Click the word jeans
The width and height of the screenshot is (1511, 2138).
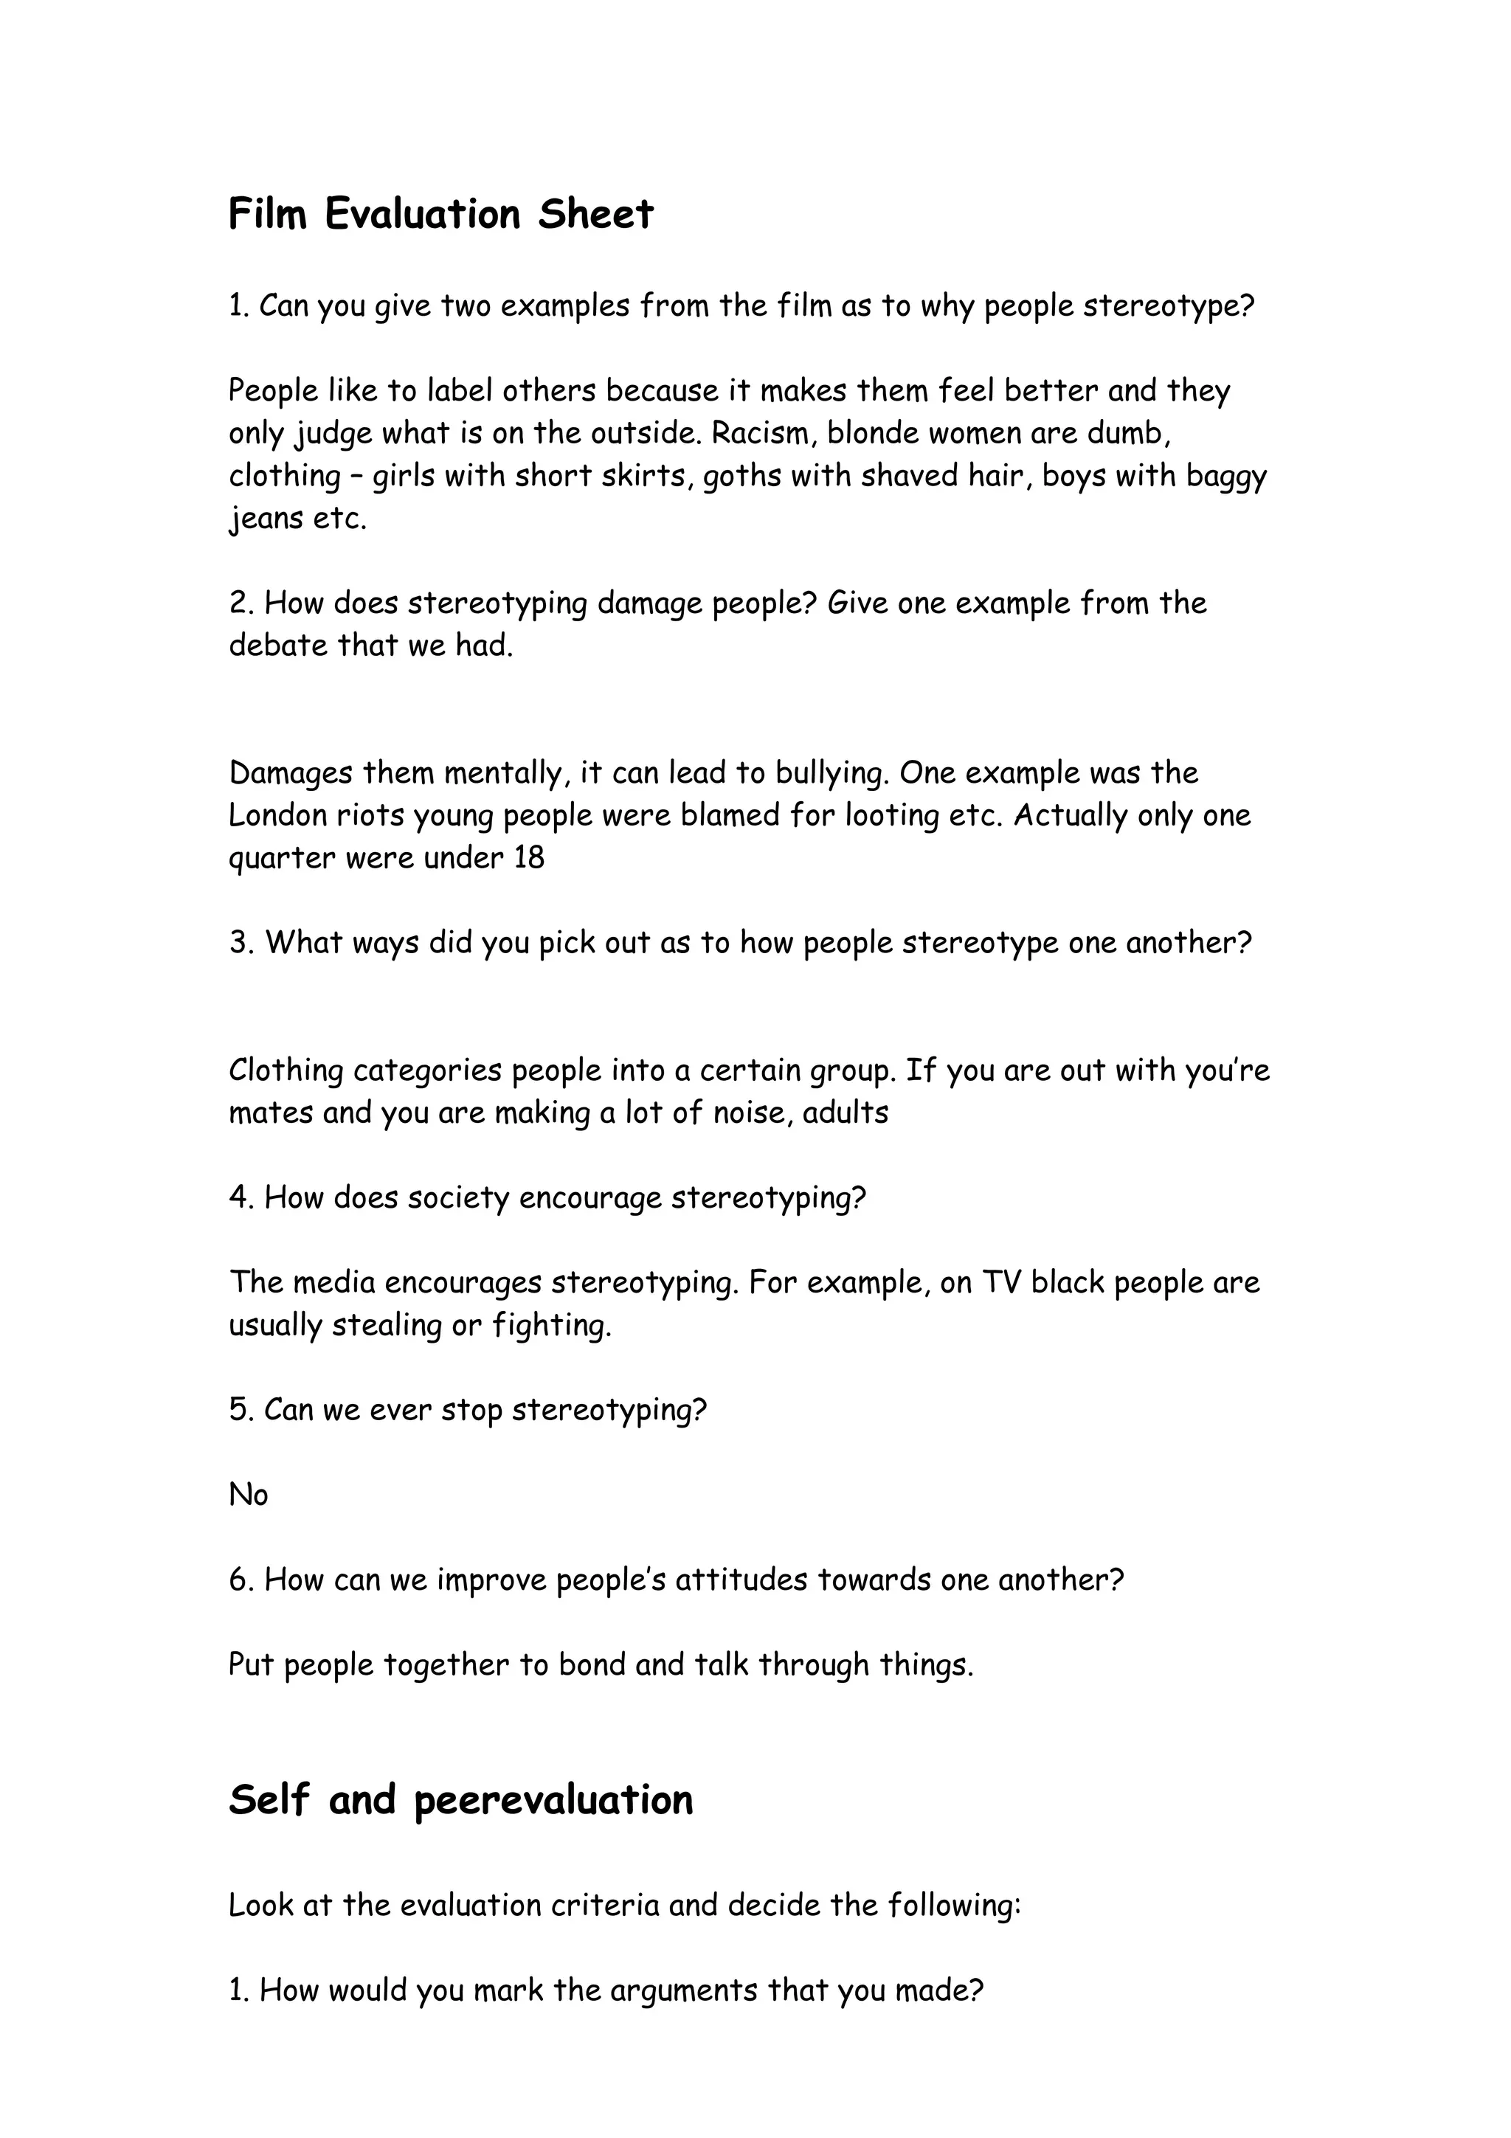click(x=266, y=519)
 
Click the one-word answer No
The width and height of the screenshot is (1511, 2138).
click(x=249, y=1495)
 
